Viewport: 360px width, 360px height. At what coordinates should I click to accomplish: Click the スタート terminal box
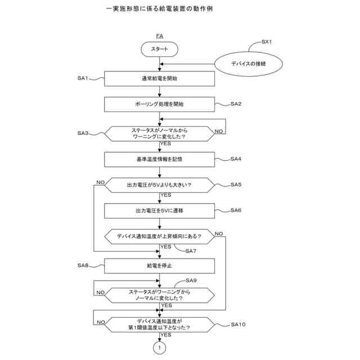click(x=160, y=49)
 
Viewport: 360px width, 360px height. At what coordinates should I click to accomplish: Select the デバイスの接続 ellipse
click(x=248, y=64)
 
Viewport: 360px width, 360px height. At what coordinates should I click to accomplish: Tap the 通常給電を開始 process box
click(x=160, y=79)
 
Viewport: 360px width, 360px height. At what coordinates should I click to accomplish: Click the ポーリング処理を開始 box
click(x=160, y=104)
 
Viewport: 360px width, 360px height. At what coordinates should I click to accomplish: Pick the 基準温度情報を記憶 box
click(x=160, y=159)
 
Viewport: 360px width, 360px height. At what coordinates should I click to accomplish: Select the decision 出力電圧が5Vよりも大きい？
click(x=160, y=184)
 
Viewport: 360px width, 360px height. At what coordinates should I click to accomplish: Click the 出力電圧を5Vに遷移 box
click(x=160, y=210)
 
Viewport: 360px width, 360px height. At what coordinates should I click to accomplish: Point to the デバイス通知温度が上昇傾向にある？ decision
click(x=160, y=236)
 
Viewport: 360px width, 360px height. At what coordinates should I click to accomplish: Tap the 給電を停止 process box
click(x=160, y=265)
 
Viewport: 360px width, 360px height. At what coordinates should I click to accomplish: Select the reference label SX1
click(x=267, y=42)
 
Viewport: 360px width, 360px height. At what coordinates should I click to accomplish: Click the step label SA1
click(x=83, y=78)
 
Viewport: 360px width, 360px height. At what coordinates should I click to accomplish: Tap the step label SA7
click(x=192, y=251)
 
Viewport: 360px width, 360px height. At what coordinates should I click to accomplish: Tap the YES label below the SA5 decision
click(x=166, y=195)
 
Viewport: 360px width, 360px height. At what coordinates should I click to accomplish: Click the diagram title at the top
click(x=159, y=10)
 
